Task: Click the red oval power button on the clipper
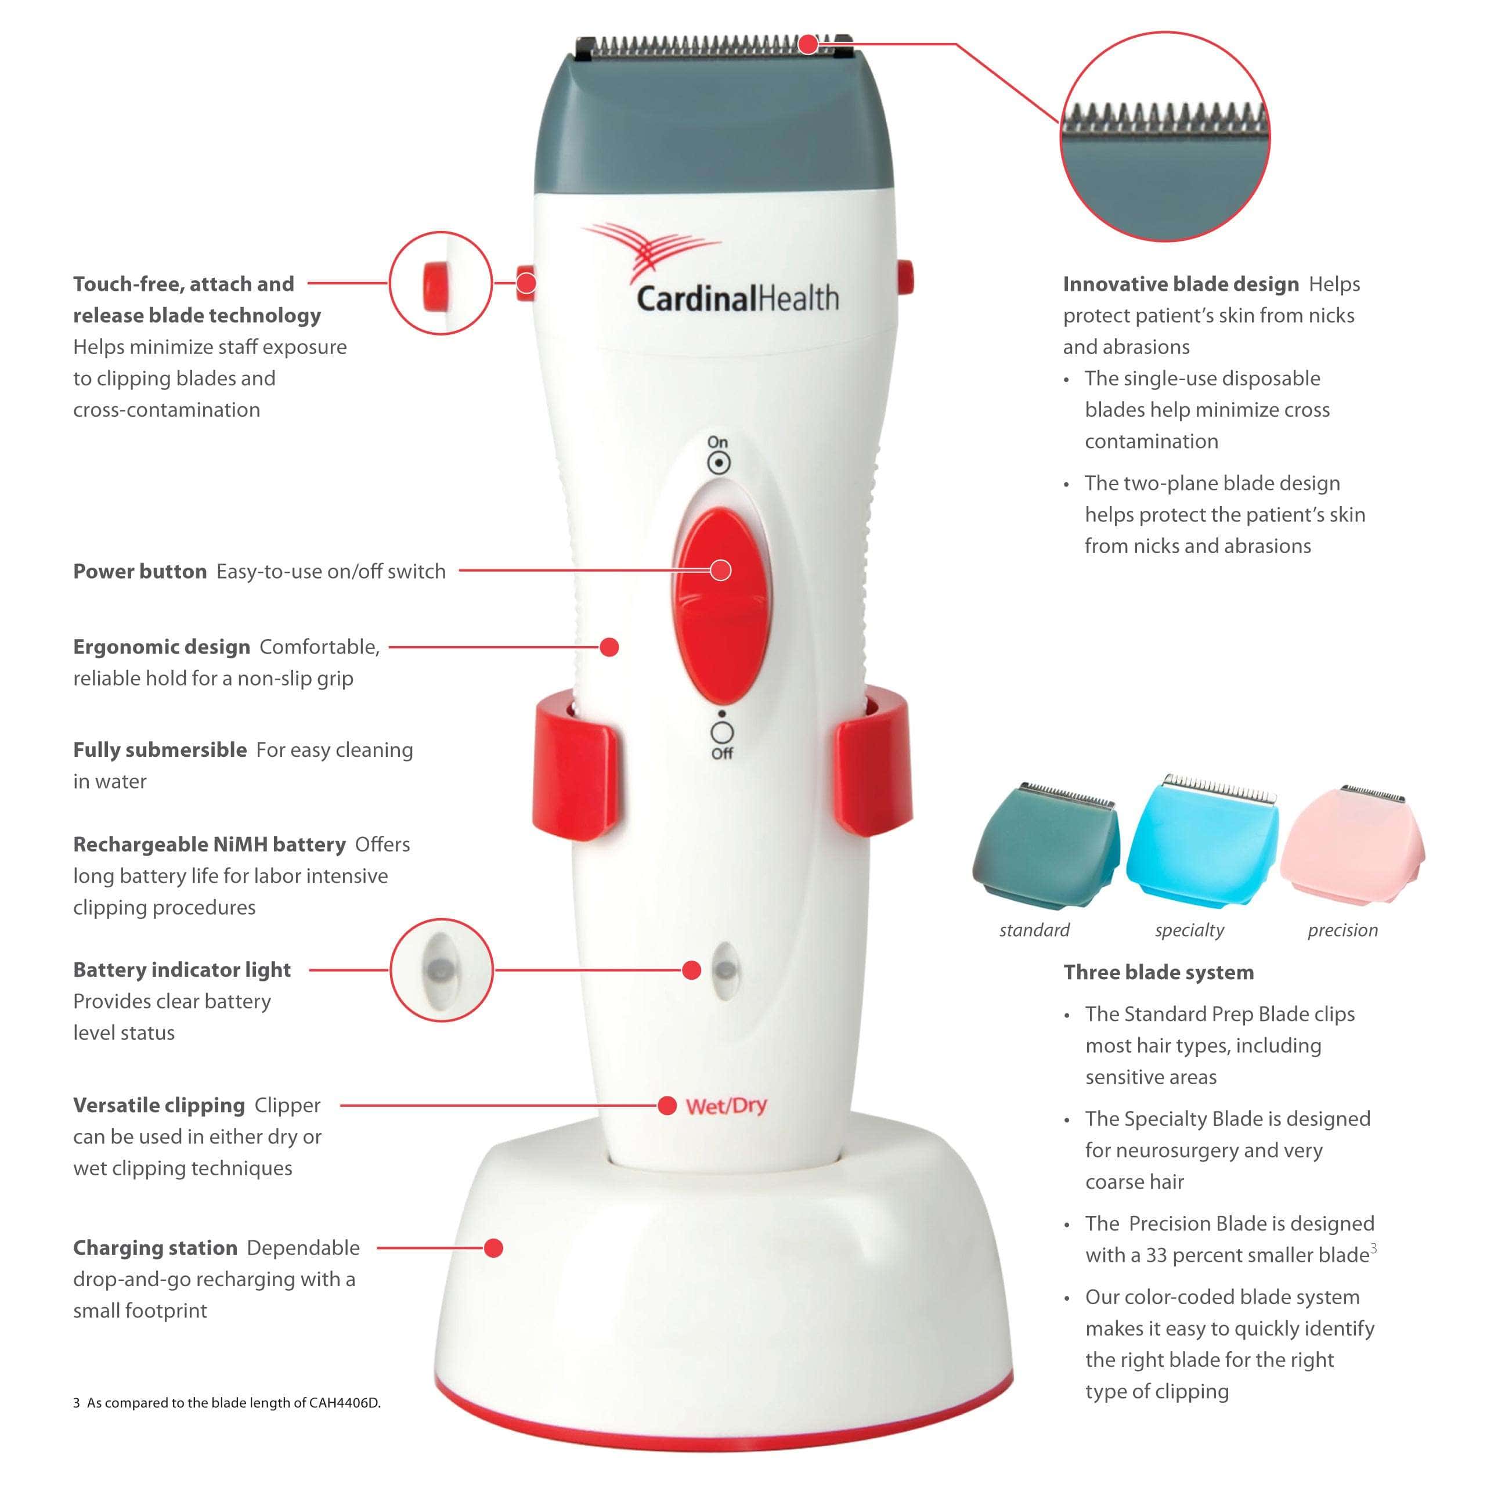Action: [720, 604]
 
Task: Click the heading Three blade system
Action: [1158, 972]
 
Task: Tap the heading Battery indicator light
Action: [182, 970]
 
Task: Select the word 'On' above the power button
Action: [717, 442]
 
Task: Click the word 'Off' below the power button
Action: [722, 753]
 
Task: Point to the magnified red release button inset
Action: [441, 283]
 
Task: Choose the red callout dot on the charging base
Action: [494, 1248]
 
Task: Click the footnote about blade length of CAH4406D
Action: [227, 1402]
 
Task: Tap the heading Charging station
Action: [155, 1248]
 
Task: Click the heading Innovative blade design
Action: [1180, 284]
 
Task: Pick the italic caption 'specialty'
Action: [1189, 930]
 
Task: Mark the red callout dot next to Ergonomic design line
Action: [609, 647]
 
